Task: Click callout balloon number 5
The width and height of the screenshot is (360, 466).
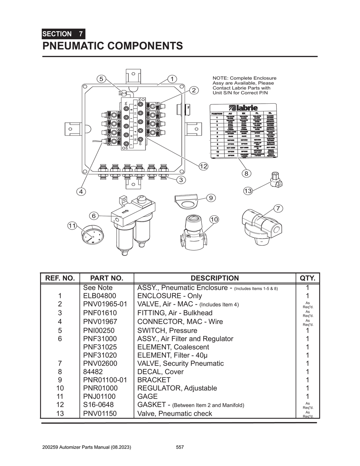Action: pos(101,79)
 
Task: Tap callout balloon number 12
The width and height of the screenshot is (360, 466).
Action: pos(203,166)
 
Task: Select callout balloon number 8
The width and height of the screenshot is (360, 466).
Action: pos(246,173)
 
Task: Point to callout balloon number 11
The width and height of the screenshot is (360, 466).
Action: pos(72,226)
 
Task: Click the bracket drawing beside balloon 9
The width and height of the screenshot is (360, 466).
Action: pos(186,201)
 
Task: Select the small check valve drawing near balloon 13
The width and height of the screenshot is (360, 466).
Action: pos(276,180)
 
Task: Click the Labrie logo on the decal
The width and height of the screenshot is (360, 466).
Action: pos(243,108)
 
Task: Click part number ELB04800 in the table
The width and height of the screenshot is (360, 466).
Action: pos(99,296)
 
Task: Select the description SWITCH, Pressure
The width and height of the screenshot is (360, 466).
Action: pos(167,330)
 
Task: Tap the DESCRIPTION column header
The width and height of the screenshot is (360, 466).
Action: pos(214,278)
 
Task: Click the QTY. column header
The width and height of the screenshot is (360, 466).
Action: pos(308,278)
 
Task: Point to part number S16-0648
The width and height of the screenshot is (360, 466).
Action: pos(98,405)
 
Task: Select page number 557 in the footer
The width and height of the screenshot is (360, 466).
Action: pos(180,447)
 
